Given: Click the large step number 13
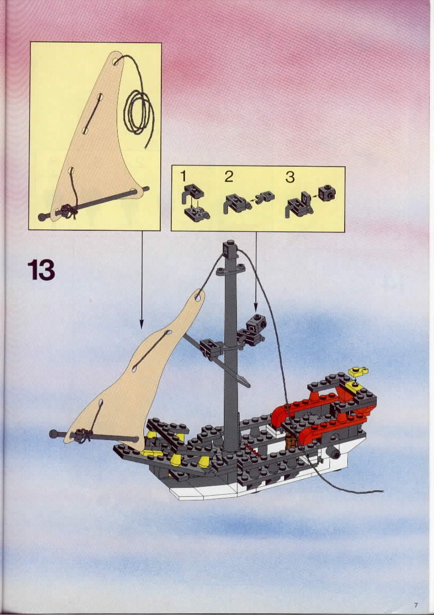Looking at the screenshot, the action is click(41, 270).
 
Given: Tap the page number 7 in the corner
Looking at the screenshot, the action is click(415, 605).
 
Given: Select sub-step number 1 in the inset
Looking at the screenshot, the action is click(183, 177).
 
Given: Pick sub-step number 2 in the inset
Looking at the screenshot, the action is click(229, 177).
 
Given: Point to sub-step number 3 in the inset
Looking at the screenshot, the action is click(290, 177).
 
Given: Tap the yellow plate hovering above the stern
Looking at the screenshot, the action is click(358, 371).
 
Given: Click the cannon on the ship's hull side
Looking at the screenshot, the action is click(334, 453).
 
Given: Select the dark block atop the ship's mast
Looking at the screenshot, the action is click(231, 250).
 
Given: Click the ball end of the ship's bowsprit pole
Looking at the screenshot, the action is click(53, 434).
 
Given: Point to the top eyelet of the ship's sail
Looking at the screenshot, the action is click(198, 297).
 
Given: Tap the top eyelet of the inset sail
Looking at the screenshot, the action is click(117, 61).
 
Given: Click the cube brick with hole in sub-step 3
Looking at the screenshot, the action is click(327, 192).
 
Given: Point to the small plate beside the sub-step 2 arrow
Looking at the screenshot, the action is click(265, 196).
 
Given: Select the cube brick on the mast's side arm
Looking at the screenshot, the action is click(257, 322).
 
